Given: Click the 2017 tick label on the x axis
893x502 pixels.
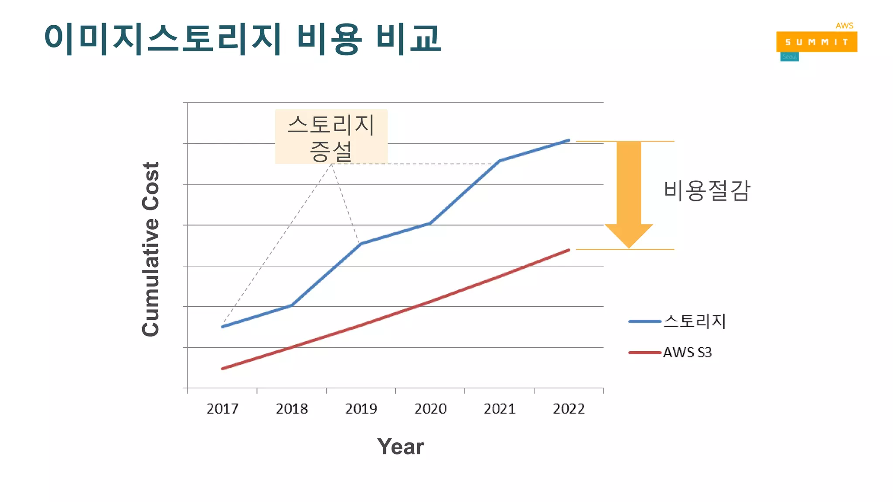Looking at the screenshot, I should pos(222,409).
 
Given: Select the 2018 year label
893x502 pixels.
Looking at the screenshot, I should pos(292,409).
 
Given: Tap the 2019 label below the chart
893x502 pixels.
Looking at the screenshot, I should pos(361,409).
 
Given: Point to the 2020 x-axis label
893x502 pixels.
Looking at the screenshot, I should pos(430,409).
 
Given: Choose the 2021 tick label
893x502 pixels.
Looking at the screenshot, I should pos(500,409).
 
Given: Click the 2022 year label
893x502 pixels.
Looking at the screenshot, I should pos(569,409).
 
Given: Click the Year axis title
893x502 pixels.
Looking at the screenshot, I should pos(400,447).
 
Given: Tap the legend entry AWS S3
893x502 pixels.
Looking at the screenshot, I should pos(687,353).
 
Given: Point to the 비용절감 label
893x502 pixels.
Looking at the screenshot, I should pos(706,191).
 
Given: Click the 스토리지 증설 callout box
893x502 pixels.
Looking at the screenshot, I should pos(331,137).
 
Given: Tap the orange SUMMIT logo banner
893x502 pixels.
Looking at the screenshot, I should pos(816,42).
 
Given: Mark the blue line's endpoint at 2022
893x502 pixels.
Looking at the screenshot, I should pos(569,140).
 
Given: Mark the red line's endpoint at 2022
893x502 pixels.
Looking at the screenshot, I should pos(569,250).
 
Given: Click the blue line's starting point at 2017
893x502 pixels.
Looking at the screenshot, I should pos(222,327).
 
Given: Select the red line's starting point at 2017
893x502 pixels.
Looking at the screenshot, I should pos(222,369).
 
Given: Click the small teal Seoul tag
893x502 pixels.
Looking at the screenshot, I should pos(789,57).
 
